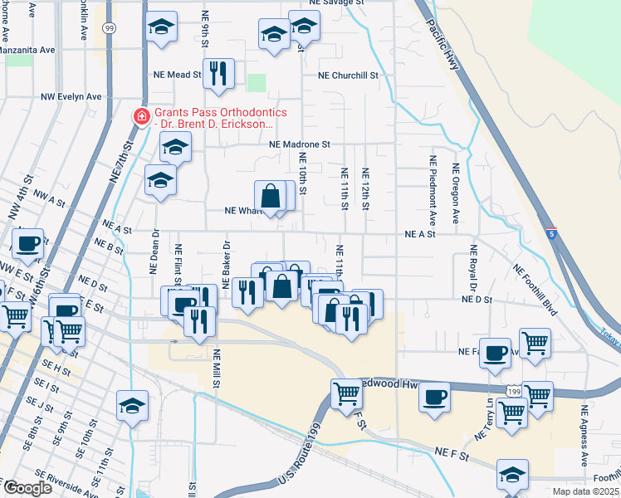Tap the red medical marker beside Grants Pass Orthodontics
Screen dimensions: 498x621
point(142,117)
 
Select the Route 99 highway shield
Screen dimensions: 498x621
point(109,28)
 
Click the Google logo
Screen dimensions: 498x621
point(28,488)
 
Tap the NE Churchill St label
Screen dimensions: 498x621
point(352,75)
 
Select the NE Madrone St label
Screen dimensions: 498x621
point(300,144)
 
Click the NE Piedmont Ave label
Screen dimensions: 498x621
point(433,190)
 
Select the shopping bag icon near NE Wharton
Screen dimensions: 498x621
point(271,198)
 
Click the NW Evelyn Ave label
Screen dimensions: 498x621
point(71,97)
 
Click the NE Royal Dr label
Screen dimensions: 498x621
point(473,266)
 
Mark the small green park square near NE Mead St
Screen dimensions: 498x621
point(257,83)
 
